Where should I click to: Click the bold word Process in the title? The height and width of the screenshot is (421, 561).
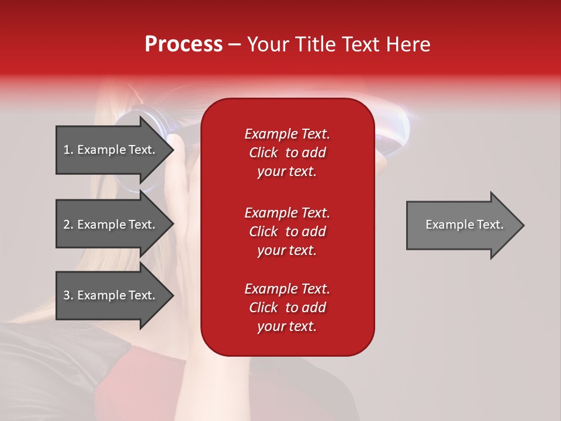point(183,44)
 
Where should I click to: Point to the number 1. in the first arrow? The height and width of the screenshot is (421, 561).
point(68,150)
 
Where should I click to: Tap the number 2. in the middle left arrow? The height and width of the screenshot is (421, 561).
point(68,225)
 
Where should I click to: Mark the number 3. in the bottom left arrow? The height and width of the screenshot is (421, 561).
point(68,295)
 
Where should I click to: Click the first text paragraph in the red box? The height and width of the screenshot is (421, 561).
point(287,153)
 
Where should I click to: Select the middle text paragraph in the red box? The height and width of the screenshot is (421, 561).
point(287,232)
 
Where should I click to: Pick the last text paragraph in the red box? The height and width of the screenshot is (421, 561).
point(287,308)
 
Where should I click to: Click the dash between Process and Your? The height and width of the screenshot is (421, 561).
point(234,44)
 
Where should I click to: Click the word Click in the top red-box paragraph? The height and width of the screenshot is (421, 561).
point(263,153)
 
